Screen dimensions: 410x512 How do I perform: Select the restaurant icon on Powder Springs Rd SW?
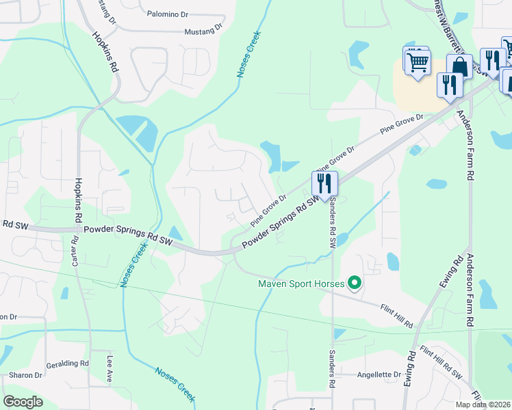[x=324, y=183]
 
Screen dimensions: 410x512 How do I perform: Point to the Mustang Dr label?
[x=203, y=30]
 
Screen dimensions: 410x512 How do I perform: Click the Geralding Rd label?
[x=68, y=365]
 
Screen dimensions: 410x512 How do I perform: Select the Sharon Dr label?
[x=26, y=375]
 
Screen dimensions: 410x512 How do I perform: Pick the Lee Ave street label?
[x=108, y=368]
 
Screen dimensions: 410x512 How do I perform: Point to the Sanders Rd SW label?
[x=333, y=220]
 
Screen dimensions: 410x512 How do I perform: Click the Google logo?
[x=23, y=402]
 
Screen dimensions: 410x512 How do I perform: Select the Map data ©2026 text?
[x=482, y=405]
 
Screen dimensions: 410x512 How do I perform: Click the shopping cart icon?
[x=417, y=64]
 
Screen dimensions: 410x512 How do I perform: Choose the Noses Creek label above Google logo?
[x=175, y=382]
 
